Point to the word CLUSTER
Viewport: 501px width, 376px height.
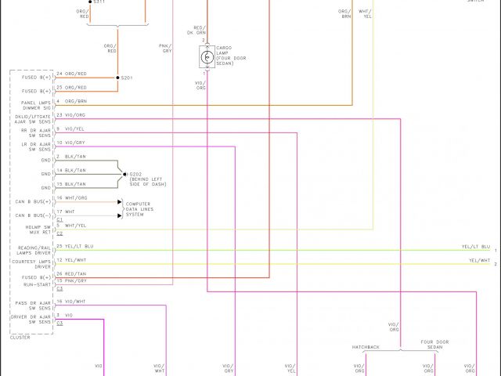click(20, 337)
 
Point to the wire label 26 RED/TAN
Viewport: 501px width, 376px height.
click(71, 273)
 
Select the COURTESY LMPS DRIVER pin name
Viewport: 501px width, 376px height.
click(33, 264)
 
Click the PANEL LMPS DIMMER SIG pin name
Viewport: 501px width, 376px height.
click(34, 105)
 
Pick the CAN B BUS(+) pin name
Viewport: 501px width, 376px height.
click(34, 201)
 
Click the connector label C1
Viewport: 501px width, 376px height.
click(59, 219)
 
